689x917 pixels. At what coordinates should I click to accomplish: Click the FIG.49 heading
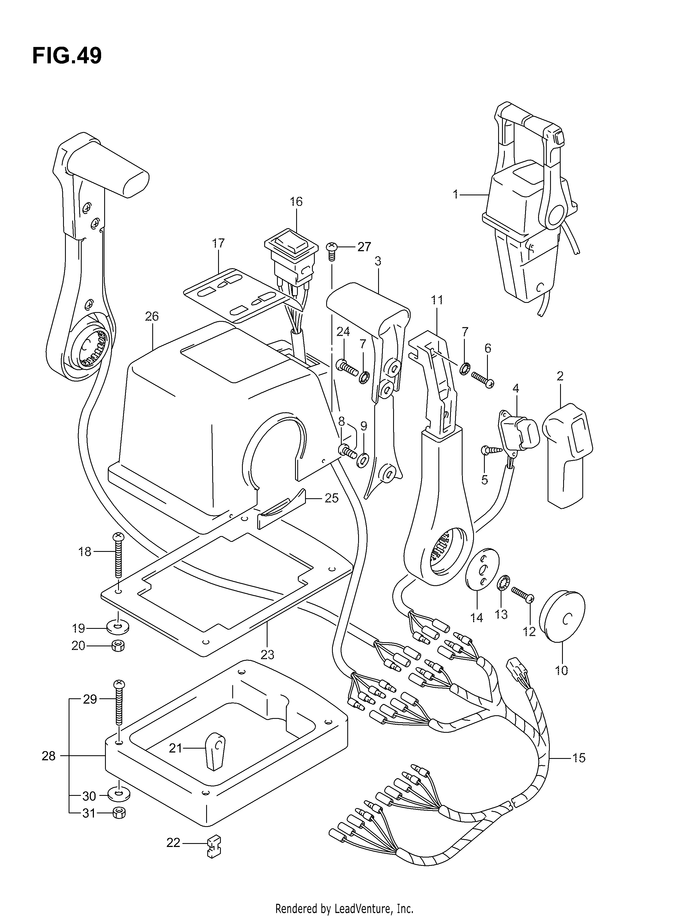tap(67, 56)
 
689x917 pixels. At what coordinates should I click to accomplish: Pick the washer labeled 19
tap(118, 628)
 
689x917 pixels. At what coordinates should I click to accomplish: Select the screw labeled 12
tap(523, 594)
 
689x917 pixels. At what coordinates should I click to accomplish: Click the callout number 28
tap(49, 756)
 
